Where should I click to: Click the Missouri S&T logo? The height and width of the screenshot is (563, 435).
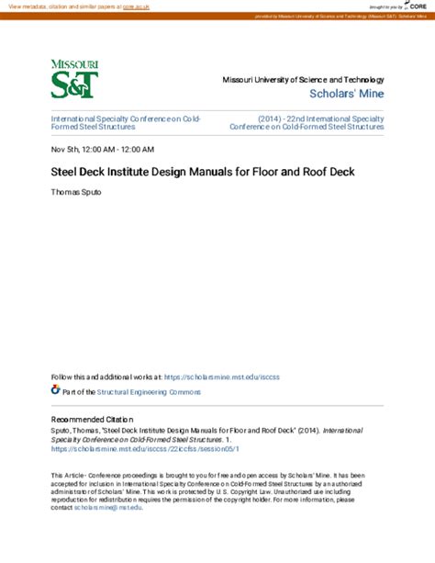tap(75, 79)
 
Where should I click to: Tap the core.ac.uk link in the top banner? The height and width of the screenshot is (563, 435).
tap(138, 6)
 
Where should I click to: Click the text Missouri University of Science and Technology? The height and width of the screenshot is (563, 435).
tap(303, 80)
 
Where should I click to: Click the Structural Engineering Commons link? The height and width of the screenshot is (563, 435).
tap(148, 391)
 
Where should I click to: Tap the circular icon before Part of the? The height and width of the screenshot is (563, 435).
tap(55, 390)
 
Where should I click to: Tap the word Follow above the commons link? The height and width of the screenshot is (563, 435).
tap(61, 377)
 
